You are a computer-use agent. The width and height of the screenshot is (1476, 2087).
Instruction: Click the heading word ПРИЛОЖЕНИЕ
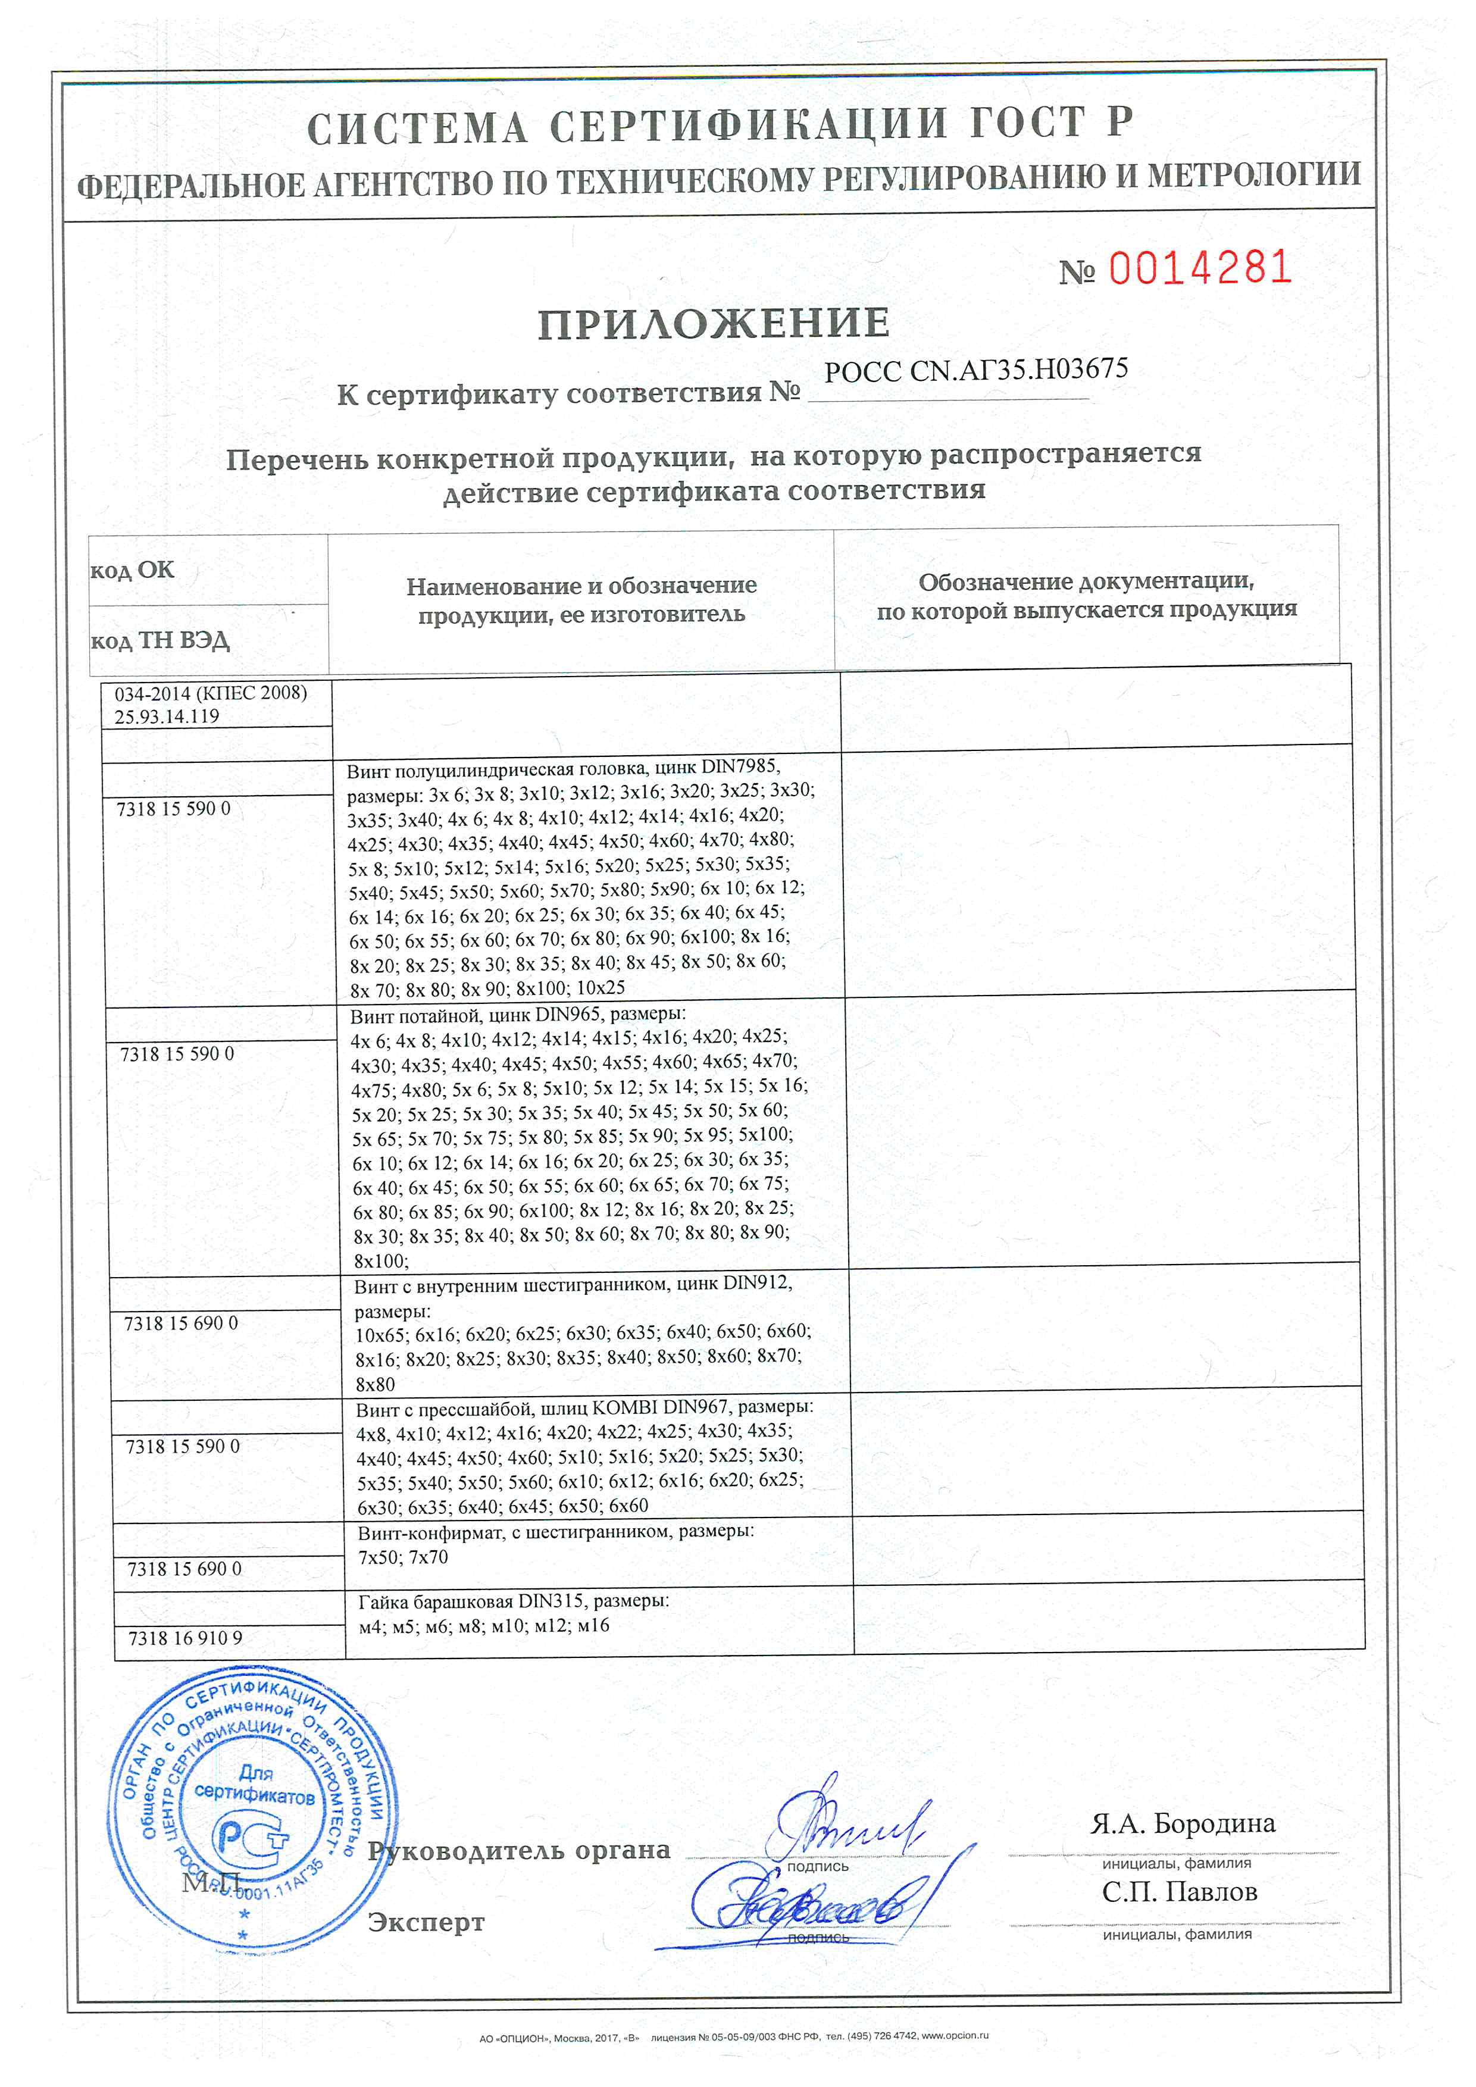click(714, 324)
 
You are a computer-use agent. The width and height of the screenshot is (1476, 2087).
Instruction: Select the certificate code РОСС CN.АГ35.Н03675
click(975, 371)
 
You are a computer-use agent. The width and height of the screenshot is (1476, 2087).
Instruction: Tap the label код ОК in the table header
click(132, 570)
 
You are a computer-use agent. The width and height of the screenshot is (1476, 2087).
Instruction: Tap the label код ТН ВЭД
click(160, 641)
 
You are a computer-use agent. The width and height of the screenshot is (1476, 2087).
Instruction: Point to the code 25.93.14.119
click(166, 716)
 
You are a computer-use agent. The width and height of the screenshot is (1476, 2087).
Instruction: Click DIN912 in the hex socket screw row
click(757, 1284)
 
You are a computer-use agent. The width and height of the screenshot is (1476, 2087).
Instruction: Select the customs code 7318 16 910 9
click(186, 1638)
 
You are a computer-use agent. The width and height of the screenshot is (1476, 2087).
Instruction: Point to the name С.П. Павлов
click(1179, 1892)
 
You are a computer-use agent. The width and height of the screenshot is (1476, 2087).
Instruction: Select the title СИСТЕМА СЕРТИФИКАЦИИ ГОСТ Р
click(719, 126)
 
